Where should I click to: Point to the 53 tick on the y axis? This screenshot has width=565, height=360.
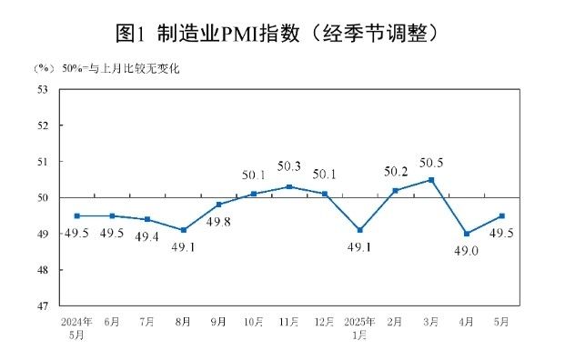43,89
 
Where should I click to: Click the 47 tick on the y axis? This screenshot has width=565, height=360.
43,306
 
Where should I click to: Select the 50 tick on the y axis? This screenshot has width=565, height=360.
43,198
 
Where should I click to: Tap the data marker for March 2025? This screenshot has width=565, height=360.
431,180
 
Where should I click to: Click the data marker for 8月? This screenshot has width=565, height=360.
184,230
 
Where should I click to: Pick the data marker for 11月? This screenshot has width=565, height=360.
289,186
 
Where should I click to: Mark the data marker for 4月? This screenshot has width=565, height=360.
467,234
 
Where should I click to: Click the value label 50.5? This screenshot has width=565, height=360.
430,164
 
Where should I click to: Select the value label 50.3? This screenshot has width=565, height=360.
289,166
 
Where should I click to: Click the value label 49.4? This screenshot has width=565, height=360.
146,236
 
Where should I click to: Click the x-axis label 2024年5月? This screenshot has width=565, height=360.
76,328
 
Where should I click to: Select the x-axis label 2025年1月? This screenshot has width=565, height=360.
359,328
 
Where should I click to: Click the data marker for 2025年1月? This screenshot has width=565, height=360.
360,230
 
